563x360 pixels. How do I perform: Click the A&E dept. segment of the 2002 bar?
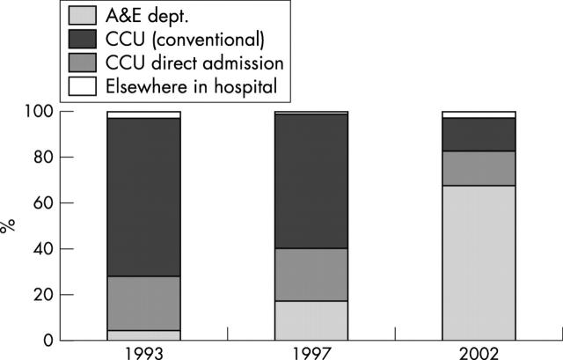click(x=478, y=262)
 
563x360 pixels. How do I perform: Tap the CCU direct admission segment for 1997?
click(x=311, y=274)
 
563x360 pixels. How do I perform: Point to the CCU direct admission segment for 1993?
click(x=143, y=303)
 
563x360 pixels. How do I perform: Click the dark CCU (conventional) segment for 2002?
click(x=478, y=134)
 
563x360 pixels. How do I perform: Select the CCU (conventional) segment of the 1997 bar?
click(x=311, y=180)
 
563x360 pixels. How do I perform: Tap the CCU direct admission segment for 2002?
click(x=478, y=168)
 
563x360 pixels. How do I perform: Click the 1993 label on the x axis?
click(x=143, y=352)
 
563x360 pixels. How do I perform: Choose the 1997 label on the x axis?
click(x=311, y=352)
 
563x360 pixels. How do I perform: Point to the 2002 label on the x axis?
click(x=478, y=352)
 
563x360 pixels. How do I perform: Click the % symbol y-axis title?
click(x=10, y=225)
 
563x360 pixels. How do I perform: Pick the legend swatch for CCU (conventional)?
click(x=28, y=40)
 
